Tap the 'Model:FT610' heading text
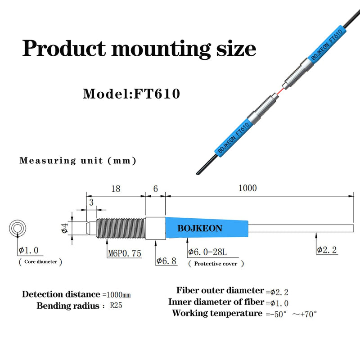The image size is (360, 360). pos(131,94)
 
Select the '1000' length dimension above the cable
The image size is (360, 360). pos(248,188)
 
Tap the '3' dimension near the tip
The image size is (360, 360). pos(91,202)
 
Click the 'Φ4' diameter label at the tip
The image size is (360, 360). pos(64,229)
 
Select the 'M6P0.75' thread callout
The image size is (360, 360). pos(124,253)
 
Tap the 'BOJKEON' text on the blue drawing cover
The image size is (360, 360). pos(199,229)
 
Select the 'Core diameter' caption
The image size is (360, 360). pos(40,261)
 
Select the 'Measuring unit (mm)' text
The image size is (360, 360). pos(77,161)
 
